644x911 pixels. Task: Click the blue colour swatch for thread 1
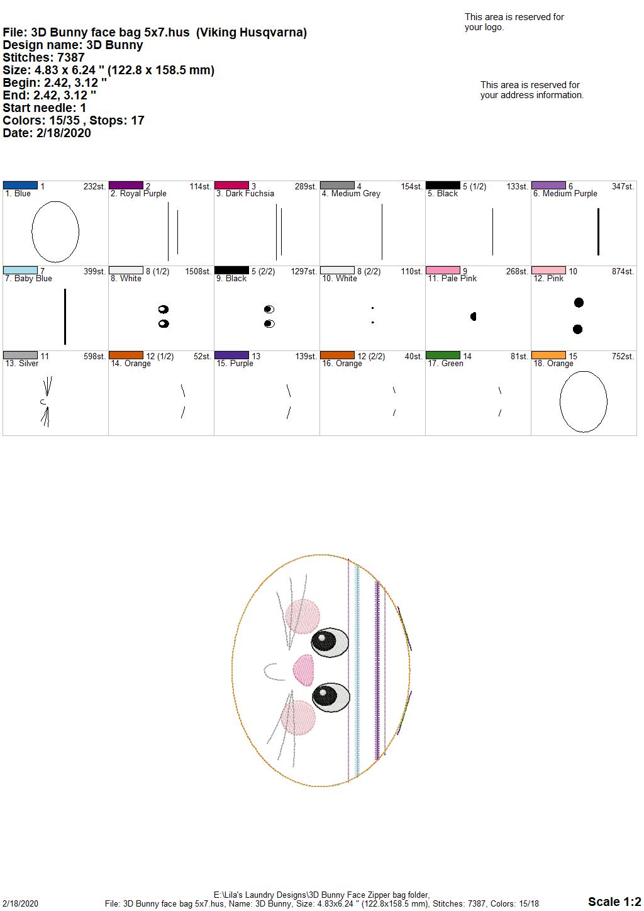tap(20, 186)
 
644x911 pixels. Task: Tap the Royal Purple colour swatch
tap(126, 186)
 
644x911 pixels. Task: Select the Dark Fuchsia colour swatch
tap(231, 186)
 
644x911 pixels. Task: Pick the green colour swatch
tap(443, 355)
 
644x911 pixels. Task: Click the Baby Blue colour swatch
tap(20, 271)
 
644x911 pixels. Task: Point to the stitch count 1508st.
tap(198, 271)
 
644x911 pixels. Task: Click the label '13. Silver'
tap(22, 363)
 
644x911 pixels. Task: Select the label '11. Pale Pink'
tap(452, 278)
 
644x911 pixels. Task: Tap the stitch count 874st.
tap(623, 271)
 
